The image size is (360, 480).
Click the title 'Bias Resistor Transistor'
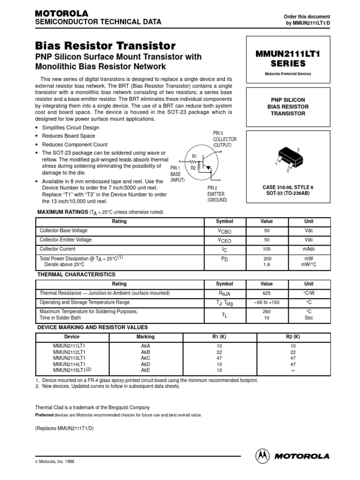click(x=105, y=46)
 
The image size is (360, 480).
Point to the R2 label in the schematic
click(x=193, y=167)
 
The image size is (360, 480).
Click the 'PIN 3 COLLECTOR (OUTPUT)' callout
click(x=225, y=139)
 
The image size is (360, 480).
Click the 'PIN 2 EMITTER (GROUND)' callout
click(x=217, y=194)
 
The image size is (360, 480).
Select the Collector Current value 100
click(x=266, y=249)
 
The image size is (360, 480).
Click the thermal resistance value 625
click(x=266, y=293)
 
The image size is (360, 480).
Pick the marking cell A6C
click(x=146, y=357)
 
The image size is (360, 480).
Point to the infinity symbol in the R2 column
click(x=292, y=370)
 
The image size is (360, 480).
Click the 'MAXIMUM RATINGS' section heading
click(x=63, y=212)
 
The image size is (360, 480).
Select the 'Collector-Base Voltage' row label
click(x=63, y=231)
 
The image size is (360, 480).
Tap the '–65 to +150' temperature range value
click(x=266, y=302)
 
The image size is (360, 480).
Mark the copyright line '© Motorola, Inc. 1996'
click(x=55, y=461)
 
